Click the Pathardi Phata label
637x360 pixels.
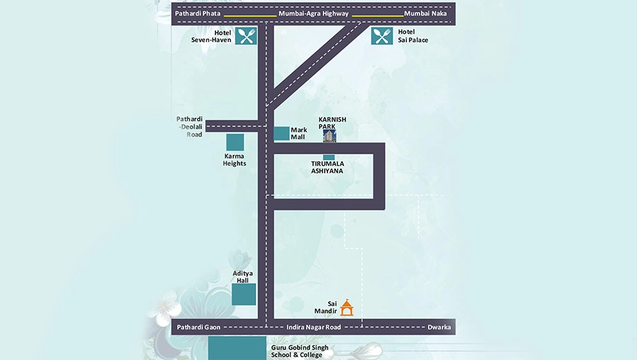(x=197, y=13)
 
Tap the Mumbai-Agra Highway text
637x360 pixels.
(x=313, y=13)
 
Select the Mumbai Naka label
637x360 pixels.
(x=425, y=13)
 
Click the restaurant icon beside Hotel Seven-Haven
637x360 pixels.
(x=246, y=36)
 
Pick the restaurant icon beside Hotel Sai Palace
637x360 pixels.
(x=382, y=36)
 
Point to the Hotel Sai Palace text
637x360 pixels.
(x=413, y=36)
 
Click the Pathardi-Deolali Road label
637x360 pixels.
(x=189, y=127)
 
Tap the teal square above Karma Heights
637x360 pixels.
(x=235, y=142)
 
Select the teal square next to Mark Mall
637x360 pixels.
(x=282, y=134)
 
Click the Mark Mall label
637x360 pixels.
(x=298, y=134)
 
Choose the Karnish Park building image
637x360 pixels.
(x=330, y=136)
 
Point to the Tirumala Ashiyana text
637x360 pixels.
(x=328, y=167)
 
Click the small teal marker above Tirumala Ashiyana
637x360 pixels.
(x=329, y=157)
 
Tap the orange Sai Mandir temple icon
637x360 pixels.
(x=346, y=307)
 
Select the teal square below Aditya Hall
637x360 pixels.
(x=244, y=295)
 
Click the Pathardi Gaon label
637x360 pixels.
(x=199, y=327)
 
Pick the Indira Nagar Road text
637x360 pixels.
(x=314, y=327)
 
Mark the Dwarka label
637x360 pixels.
(x=439, y=327)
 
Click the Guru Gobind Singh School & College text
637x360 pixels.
(x=300, y=351)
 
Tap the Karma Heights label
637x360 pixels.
(x=235, y=160)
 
